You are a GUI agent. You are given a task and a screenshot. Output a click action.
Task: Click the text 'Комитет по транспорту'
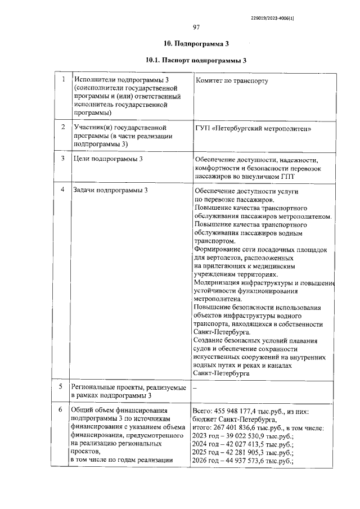point(231,80)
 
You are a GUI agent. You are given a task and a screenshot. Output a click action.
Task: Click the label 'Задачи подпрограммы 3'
point(111,190)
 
